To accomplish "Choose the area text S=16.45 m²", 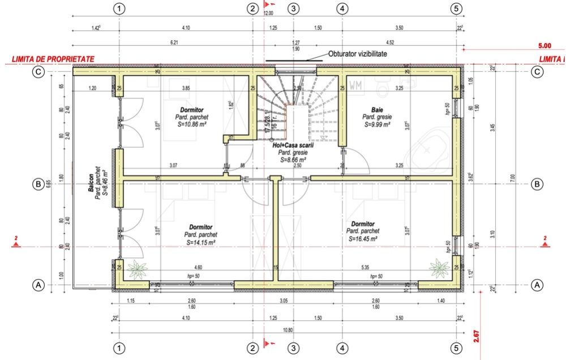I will click(362, 238).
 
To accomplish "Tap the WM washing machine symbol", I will click(356, 86).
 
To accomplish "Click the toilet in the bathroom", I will click(391, 85).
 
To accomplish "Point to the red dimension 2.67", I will click(476, 336).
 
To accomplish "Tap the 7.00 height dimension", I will click(512, 178).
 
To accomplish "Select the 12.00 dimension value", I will click(268, 12).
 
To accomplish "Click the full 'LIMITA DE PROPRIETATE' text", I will click(48, 58).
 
